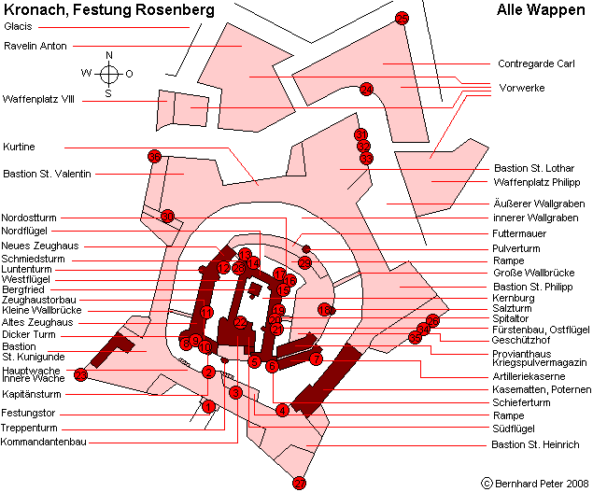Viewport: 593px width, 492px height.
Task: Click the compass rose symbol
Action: (108, 73)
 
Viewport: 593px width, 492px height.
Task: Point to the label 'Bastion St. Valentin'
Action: (47, 174)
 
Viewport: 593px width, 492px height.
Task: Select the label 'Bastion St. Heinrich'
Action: (535, 444)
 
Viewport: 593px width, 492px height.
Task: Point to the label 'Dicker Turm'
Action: (28, 334)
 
